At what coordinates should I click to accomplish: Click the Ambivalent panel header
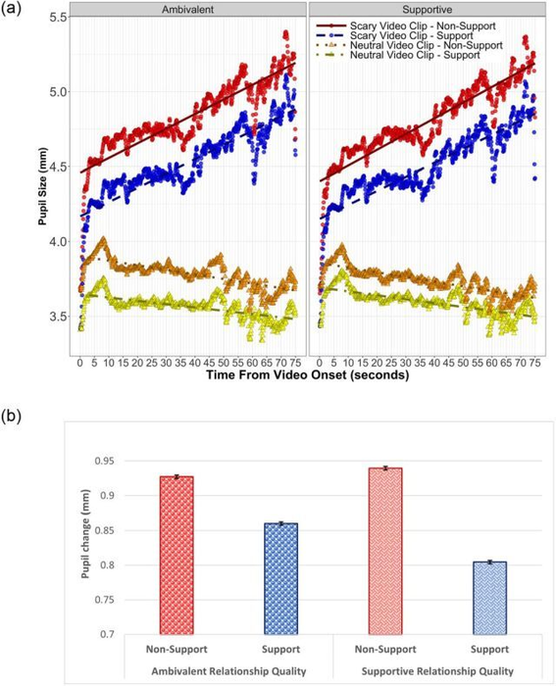tap(190, 9)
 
